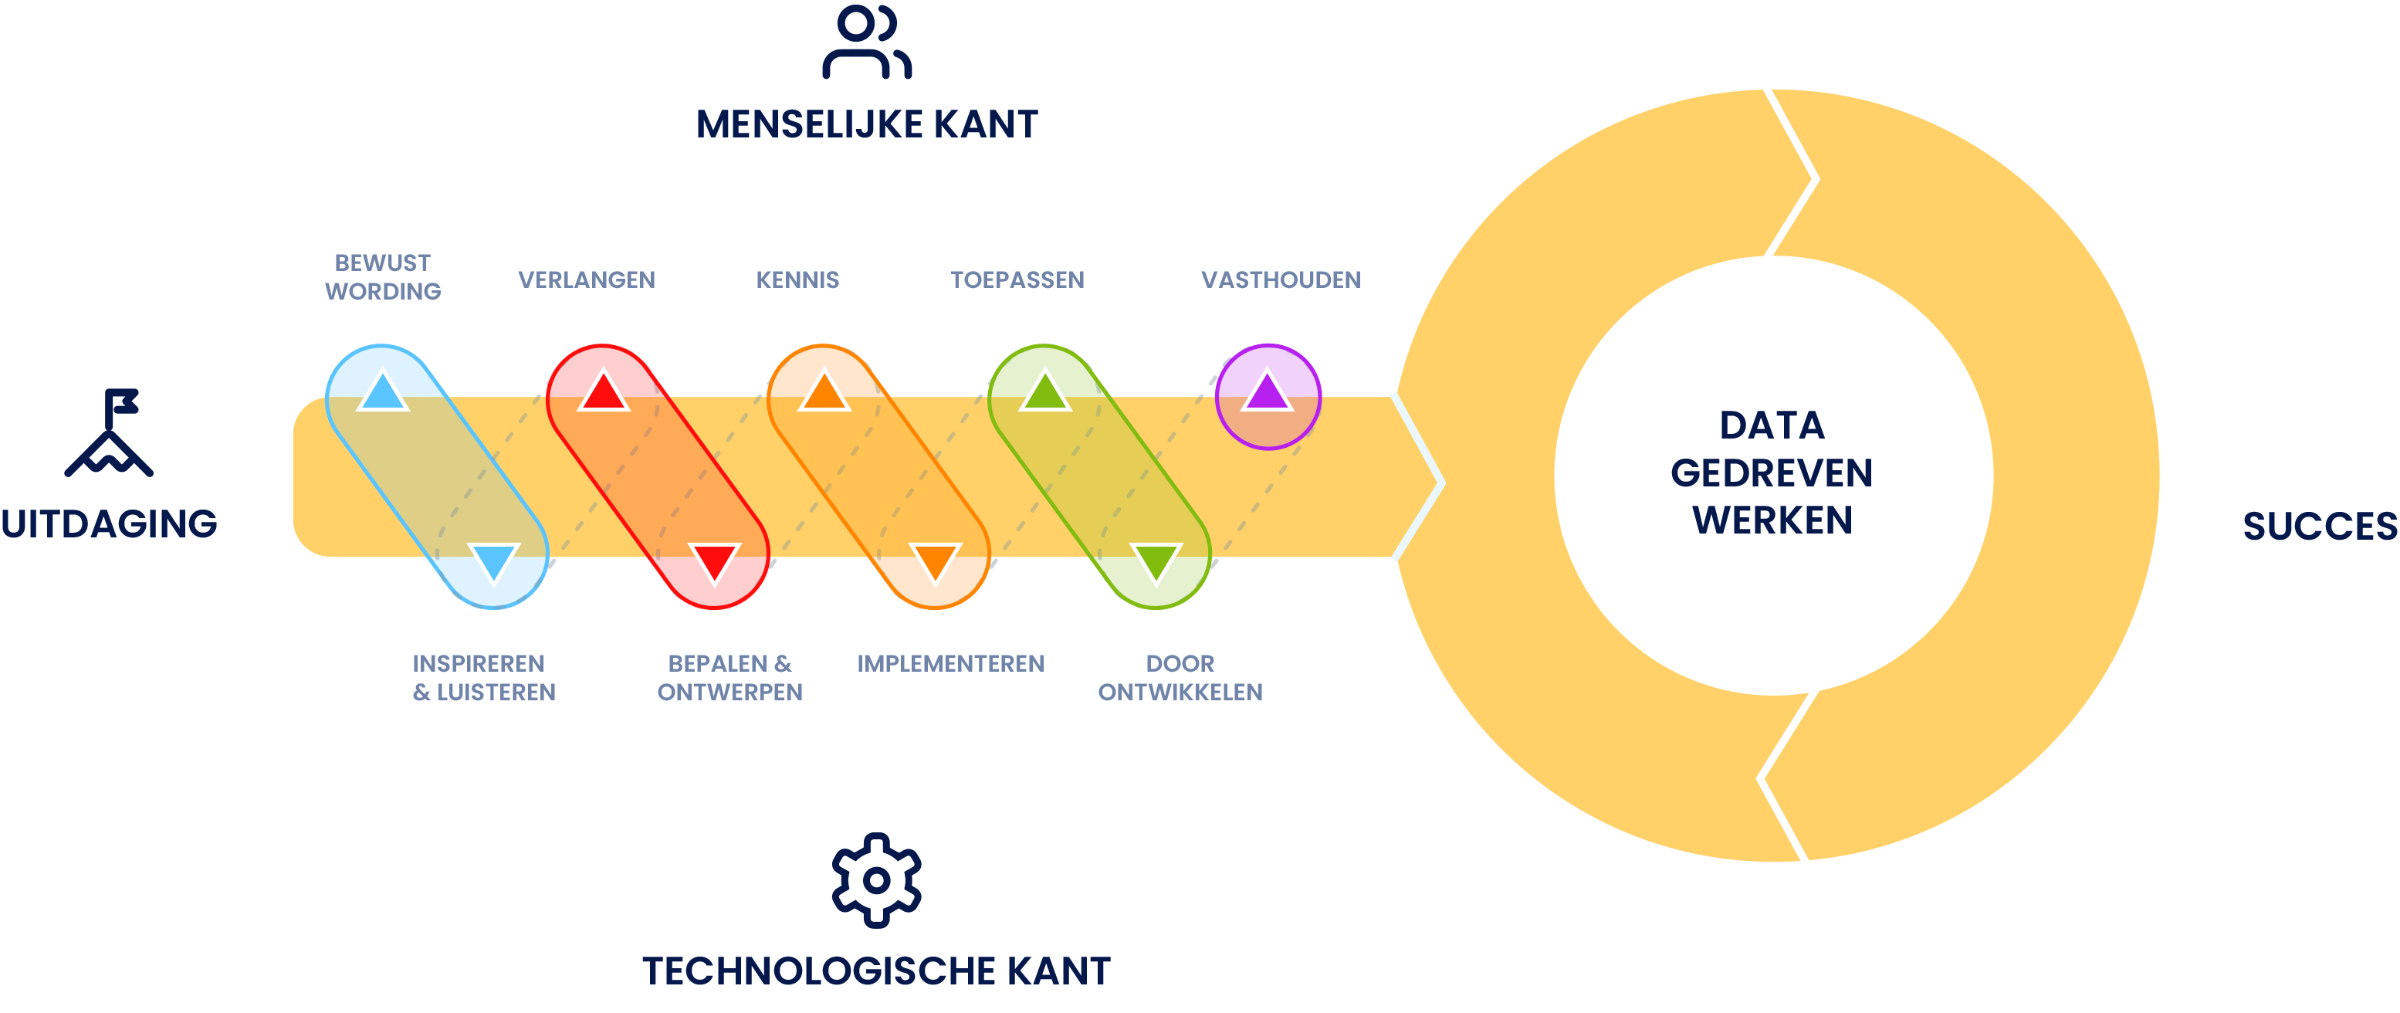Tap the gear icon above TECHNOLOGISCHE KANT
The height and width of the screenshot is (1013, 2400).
pyautogui.click(x=875, y=879)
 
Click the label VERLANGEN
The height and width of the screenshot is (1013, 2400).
pyautogui.click(x=586, y=280)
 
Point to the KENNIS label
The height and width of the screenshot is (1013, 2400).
pyautogui.click(x=797, y=280)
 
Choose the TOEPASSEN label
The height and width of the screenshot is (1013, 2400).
pyautogui.click(x=1017, y=280)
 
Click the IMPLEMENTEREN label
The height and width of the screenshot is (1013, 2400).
pyautogui.click(x=950, y=663)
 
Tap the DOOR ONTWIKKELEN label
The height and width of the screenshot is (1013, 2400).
pyautogui.click(x=1180, y=677)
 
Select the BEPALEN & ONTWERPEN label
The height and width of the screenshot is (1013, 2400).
pyautogui.click(x=729, y=677)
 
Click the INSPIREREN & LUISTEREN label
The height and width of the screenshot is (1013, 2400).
pyautogui.click(x=483, y=677)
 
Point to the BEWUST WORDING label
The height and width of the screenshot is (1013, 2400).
pyautogui.click(x=382, y=276)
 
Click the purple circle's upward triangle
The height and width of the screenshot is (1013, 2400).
pyautogui.click(x=1266, y=391)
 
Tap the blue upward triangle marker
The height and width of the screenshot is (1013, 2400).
pyautogui.click(x=382, y=391)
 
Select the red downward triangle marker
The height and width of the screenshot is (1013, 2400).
pyautogui.click(x=715, y=563)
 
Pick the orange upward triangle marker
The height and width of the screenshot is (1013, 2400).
pyautogui.click(x=824, y=391)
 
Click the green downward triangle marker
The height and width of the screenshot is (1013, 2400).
pyautogui.click(x=1156, y=563)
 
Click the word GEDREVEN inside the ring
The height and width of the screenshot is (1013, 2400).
pyautogui.click(x=1771, y=473)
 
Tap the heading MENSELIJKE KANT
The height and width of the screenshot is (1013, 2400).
pyautogui.click(x=866, y=124)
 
